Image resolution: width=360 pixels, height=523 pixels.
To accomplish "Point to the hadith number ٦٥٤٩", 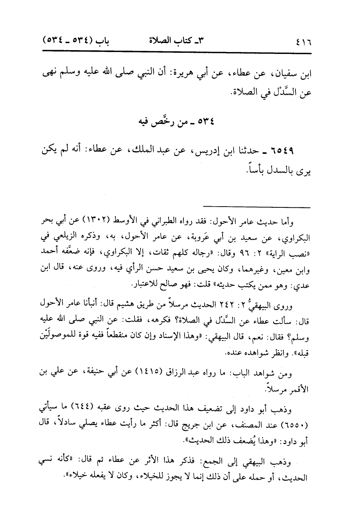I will pos(284,152).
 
